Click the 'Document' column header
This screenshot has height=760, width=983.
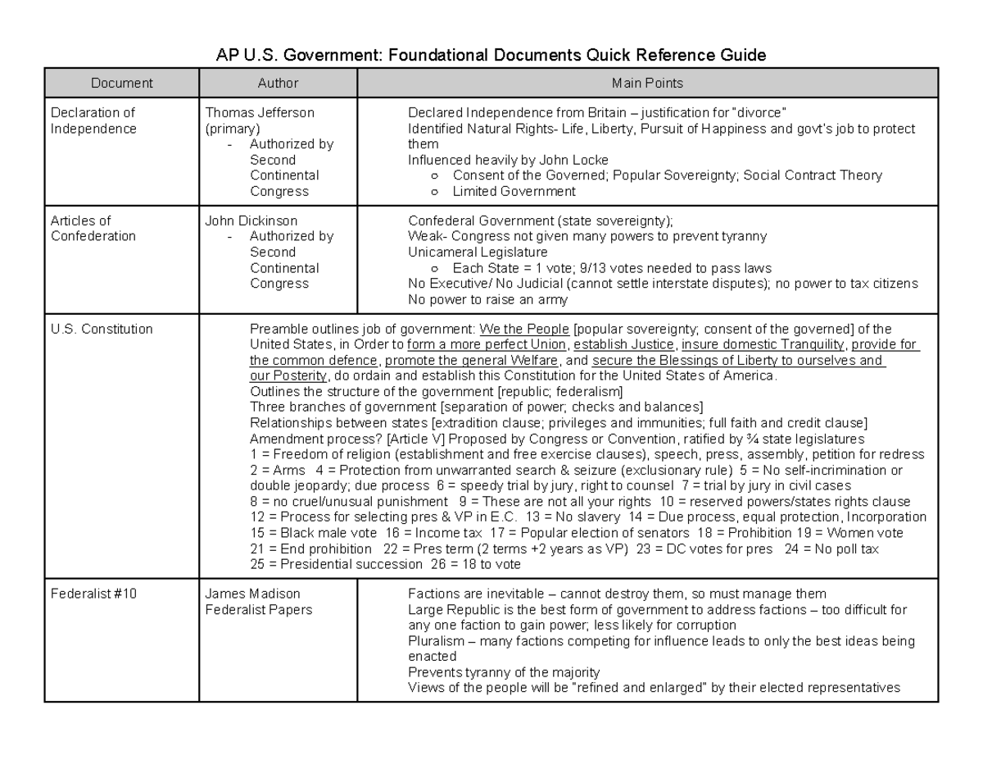121,83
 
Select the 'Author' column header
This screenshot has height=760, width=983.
278,83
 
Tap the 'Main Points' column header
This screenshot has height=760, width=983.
647,83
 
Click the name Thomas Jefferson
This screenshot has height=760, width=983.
260,113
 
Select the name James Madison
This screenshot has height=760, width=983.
252,594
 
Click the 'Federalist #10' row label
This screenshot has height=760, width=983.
93,594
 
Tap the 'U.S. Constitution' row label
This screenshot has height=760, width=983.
102,329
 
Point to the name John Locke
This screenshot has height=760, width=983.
578,160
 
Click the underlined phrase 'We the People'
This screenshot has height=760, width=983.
519,330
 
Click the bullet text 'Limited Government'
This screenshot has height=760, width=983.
514,191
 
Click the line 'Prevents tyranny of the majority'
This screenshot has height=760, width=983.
504,672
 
